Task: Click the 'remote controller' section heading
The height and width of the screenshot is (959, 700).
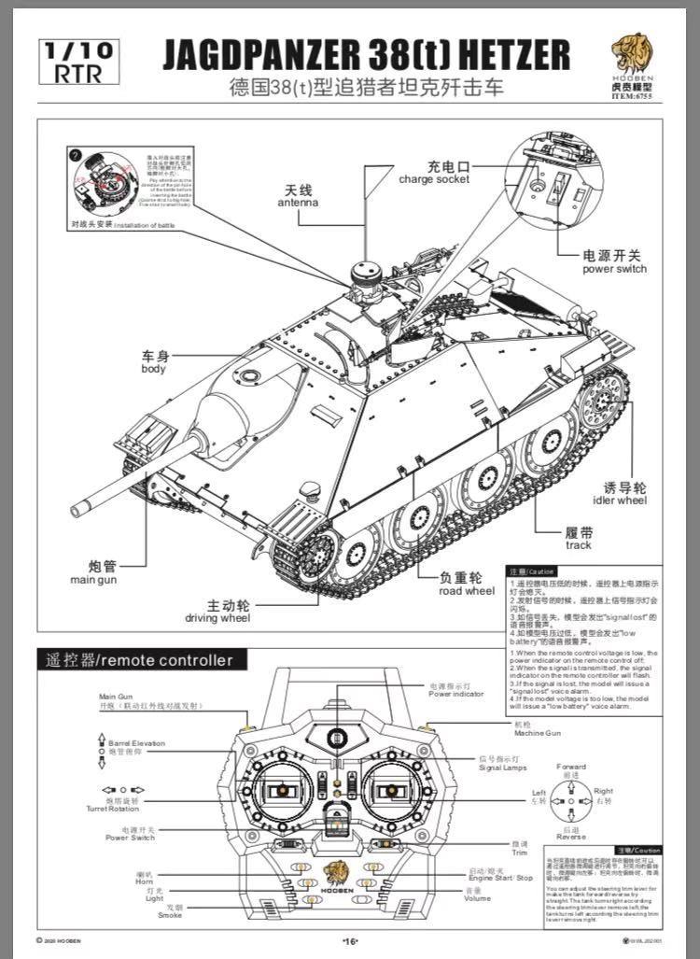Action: click(135, 660)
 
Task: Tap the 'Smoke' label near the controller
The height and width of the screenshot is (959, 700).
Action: click(169, 913)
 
